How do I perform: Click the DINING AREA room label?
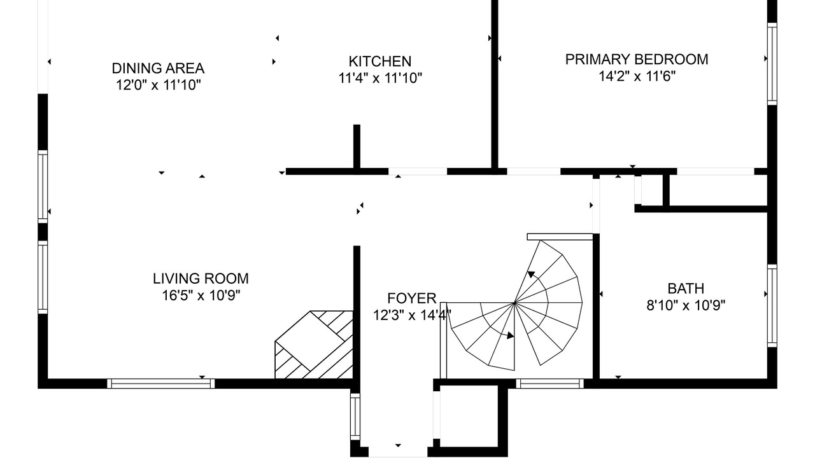pos(158,68)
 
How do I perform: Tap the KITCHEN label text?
pos(380,62)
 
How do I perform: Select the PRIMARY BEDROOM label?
pos(637,59)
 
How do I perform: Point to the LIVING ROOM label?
pos(201,279)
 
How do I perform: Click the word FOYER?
pos(411,298)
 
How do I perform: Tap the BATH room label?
pos(686,288)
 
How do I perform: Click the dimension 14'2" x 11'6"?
pos(637,76)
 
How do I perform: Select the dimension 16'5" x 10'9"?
pos(201,296)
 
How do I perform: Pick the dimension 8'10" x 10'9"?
pos(686,305)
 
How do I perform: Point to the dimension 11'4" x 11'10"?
pos(380,78)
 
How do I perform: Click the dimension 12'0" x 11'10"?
pos(159,85)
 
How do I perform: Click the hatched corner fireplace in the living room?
pos(314,345)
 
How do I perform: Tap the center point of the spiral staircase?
pos(514,302)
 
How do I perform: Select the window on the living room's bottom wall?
pos(161,384)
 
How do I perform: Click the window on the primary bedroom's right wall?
pos(772,64)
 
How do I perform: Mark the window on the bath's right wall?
pos(772,306)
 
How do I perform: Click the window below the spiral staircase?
pos(549,384)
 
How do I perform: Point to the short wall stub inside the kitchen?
pos(357,146)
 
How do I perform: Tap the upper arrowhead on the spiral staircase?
pos(532,274)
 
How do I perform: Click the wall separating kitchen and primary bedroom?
pos(495,85)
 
